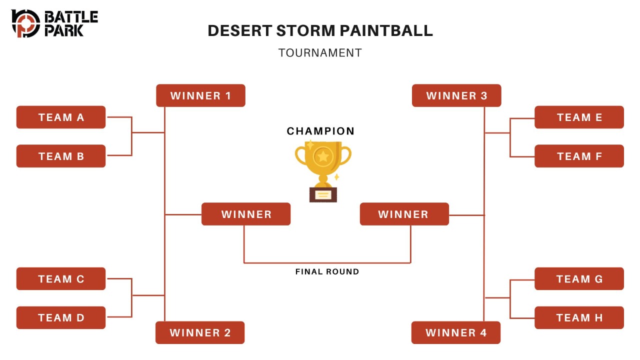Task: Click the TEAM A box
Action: pyautogui.click(x=61, y=117)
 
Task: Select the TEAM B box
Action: pyautogui.click(x=61, y=156)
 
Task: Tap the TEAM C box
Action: pyautogui.click(x=61, y=279)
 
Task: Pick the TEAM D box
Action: pyautogui.click(x=61, y=317)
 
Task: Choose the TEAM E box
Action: pyautogui.click(x=579, y=117)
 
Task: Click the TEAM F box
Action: pyautogui.click(x=579, y=156)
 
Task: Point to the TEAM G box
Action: pyautogui.click(x=579, y=279)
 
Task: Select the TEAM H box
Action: pyautogui.click(x=579, y=317)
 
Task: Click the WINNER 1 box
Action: pyautogui.click(x=200, y=95)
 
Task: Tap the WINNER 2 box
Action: pyautogui.click(x=200, y=332)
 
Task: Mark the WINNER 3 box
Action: pyautogui.click(x=456, y=95)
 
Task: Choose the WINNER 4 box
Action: pyautogui.click(x=456, y=332)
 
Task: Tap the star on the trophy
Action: pyautogui.click(x=323, y=156)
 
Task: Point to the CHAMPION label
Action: pyautogui.click(x=320, y=131)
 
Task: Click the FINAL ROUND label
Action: pyautogui.click(x=327, y=271)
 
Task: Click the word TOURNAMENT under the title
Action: pyautogui.click(x=320, y=53)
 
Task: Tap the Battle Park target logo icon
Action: pyautogui.click(x=25, y=23)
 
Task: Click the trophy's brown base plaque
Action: pyautogui.click(x=323, y=195)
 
